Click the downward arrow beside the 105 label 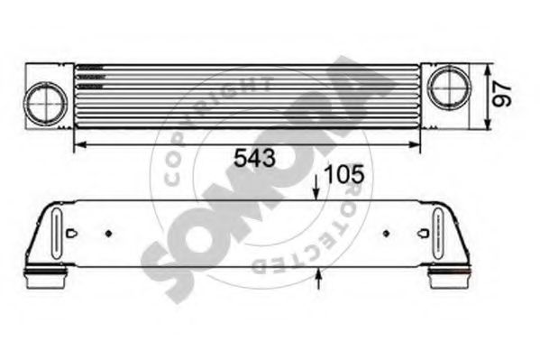point(316,192)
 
